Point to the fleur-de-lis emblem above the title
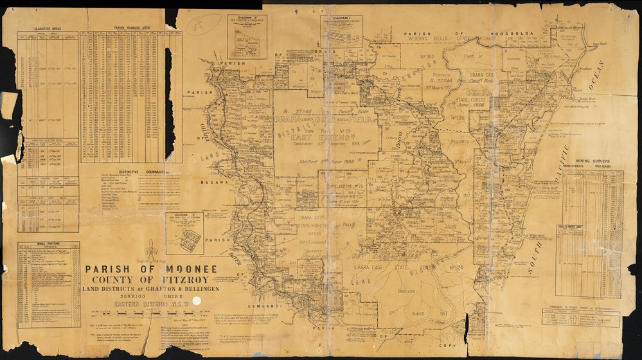[x=151, y=248]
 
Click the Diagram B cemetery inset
[x=247, y=37]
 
